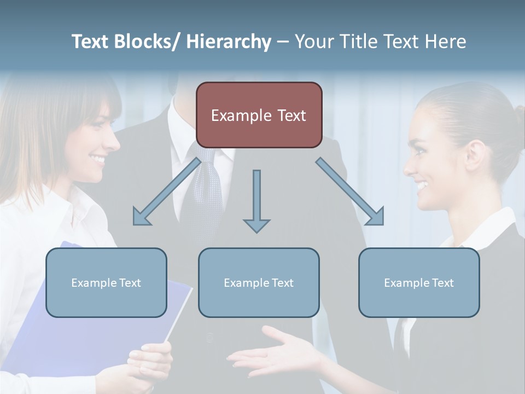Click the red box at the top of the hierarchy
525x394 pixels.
point(259,115)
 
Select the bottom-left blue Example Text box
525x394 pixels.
point(106,282)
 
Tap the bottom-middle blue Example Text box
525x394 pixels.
point(259,282)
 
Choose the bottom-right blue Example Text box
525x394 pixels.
point(419,282)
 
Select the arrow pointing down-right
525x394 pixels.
point(351,192)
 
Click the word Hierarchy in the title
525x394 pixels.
point(229,42)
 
